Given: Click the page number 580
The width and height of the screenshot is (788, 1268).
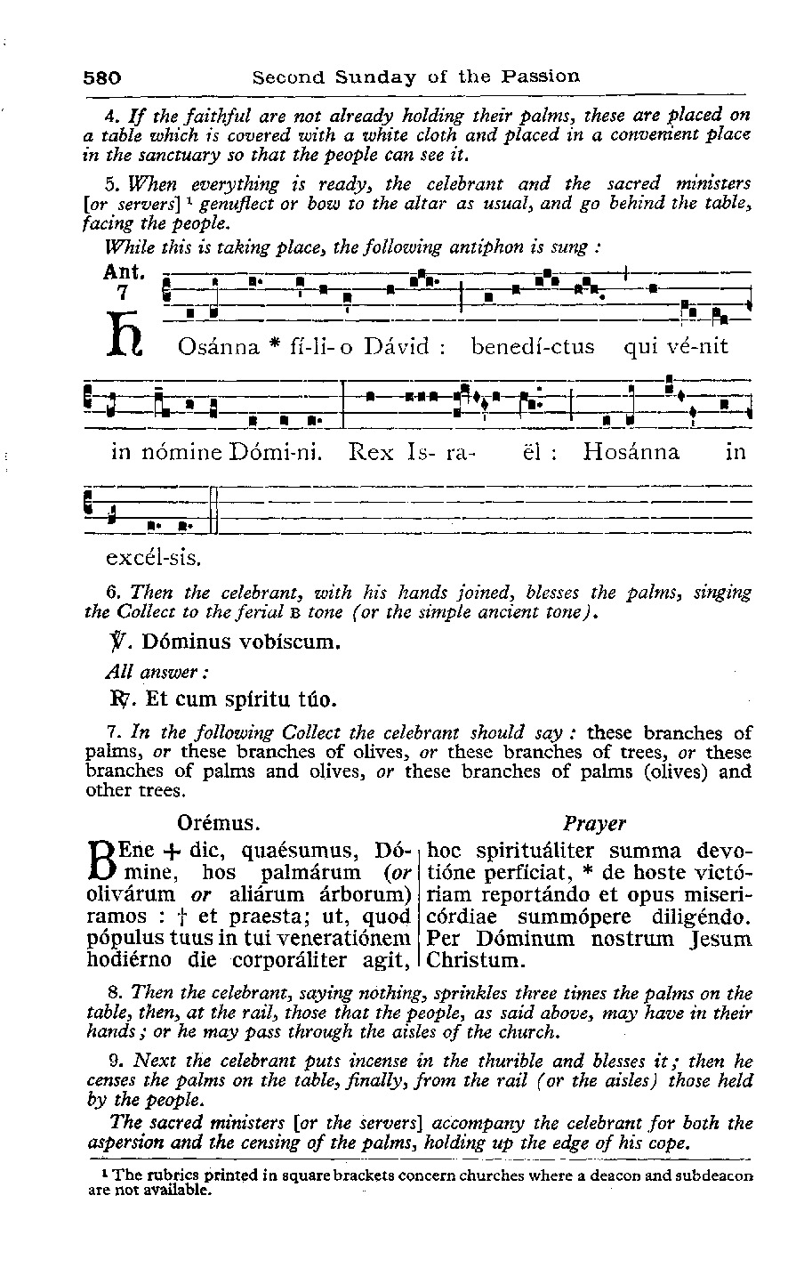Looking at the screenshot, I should pos(102,77).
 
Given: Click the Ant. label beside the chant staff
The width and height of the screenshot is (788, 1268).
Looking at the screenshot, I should pos(125,271).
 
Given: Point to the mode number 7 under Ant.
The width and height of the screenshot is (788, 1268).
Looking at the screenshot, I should pos(124,292).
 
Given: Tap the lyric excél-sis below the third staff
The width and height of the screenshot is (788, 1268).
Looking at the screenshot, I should pos(153,559).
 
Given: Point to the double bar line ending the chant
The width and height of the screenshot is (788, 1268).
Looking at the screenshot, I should pos(213,510).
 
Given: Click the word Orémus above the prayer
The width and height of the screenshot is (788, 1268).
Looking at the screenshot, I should pos(219,822).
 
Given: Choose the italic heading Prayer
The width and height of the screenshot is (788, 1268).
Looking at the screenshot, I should pos(595,823).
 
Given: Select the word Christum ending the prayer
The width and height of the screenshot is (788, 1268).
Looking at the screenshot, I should pos(478,960).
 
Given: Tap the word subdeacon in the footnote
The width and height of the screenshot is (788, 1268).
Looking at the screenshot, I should pos(717,1175).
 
